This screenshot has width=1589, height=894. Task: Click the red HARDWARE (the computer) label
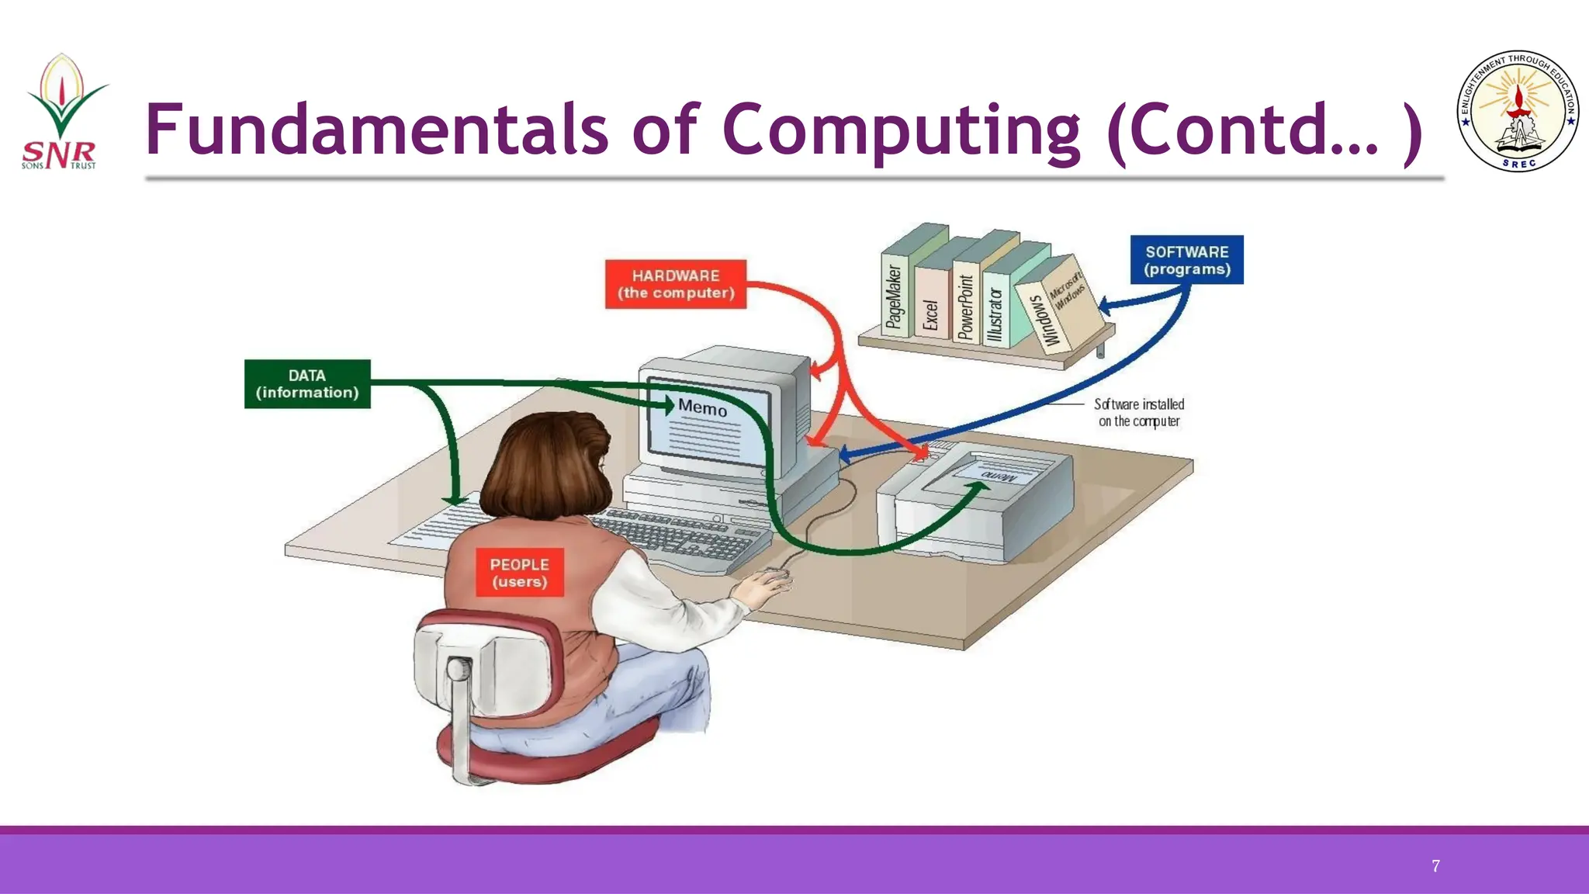[x=675, y=284]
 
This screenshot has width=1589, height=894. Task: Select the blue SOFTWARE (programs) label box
[x=1186, y=260]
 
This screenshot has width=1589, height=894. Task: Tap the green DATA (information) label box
[x=307, y=383]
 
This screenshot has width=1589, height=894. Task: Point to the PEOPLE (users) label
[x=519, y=573]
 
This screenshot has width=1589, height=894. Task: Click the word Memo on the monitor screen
[x=702, y=407]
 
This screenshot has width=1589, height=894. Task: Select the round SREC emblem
[x=1518, y=113]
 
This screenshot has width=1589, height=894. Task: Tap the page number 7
[x=1435, y=866]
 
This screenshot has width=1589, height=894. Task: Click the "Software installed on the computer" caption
[x=1138, y=413]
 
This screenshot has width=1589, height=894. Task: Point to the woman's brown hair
[x=543, y=466]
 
